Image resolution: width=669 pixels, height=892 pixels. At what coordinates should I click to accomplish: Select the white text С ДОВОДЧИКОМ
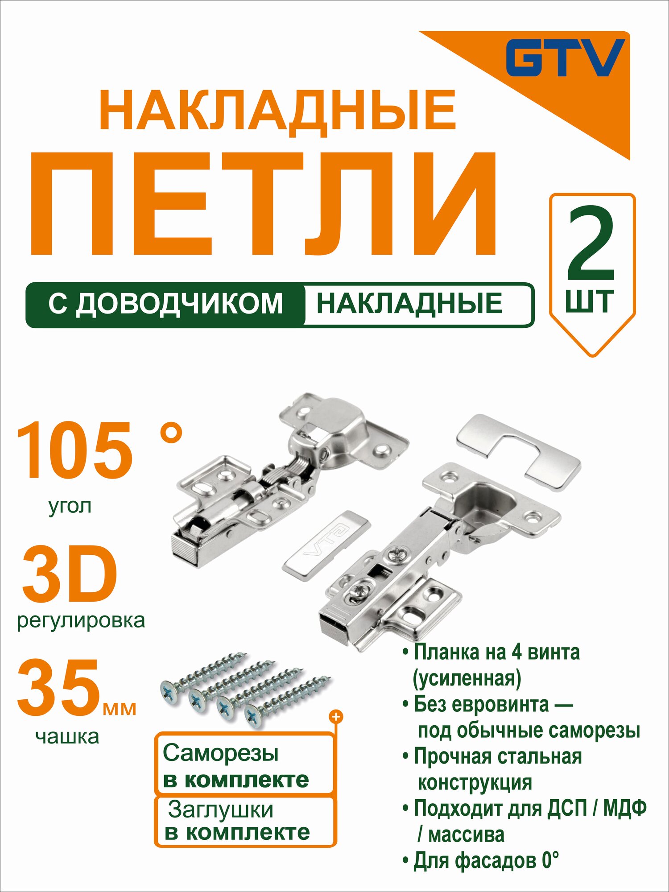tap(165, 304)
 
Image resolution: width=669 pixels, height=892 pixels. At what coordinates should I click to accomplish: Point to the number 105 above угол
tap(75, 450)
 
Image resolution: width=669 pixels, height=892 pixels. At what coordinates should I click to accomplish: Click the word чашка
tap(67, 737)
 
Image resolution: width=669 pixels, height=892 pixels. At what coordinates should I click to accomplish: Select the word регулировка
tap(81, 621)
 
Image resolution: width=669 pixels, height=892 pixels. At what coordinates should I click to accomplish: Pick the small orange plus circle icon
tap(335, 717)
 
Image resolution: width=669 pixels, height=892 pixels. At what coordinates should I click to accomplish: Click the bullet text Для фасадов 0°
tap(486, 861)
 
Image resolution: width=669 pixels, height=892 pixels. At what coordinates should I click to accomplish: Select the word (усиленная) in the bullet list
tap(467, 678)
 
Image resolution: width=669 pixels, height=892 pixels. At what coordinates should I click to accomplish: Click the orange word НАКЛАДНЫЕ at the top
tap(277, 111)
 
